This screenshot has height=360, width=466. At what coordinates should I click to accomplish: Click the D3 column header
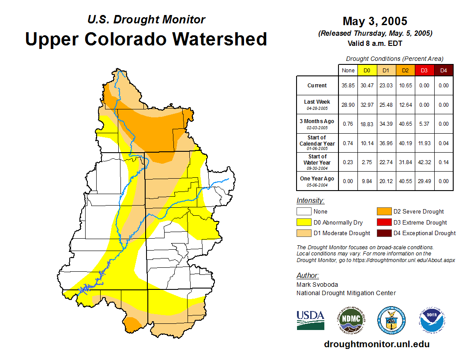(x=424, y=70)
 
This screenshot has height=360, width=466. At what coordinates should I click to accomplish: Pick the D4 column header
(x=443, y=70)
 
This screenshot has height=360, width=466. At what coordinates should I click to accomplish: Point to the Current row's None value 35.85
(x=348, y=86)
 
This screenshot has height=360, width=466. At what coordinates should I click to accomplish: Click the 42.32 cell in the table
(x=424, y=162)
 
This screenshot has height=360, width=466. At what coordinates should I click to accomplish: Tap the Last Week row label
(x=317, y=104)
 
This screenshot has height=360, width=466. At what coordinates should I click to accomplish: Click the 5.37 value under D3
(x=424, y=124)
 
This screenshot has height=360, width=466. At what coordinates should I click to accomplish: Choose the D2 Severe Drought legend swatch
(x=383, y=212)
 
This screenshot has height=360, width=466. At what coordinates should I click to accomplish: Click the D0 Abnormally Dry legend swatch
(x=304, y=222)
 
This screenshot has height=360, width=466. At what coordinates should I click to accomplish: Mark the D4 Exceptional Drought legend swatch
(x=383, y=233)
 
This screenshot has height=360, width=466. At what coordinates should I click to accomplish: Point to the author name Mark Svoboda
(x=317, y=285)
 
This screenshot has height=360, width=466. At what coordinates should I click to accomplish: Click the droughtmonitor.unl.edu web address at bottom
(x=376, y=344)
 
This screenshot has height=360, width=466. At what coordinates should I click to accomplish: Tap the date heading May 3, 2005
(x=375, y=21)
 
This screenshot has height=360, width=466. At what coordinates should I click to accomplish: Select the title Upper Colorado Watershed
(x=146, y=39)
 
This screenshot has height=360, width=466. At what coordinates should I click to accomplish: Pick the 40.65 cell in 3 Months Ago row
(x=405, y=124)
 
